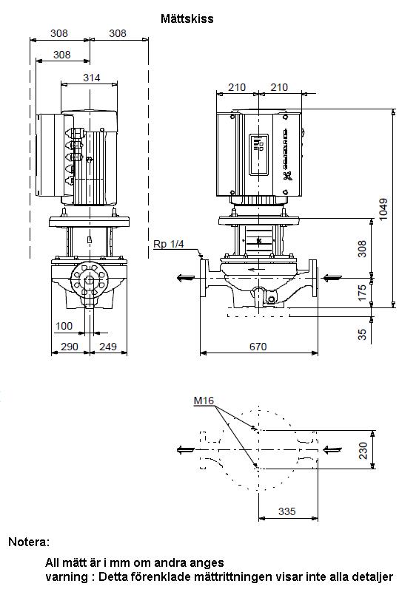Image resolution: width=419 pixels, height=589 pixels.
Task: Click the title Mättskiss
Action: (x=187, y=18)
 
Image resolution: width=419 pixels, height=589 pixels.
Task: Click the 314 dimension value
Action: (x=91, y=78)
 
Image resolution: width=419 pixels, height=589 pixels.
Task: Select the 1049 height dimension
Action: (x=383, y=209)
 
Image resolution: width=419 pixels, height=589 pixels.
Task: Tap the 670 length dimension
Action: (x=258, y=347)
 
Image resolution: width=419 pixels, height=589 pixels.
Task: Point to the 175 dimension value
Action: (x=362, y=293)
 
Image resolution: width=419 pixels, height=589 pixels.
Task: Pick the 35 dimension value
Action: (x=362, y=334)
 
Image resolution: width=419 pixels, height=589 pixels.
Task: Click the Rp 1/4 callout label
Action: (x=169, y=244)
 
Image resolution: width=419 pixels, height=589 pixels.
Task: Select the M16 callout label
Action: (x=204, y=401)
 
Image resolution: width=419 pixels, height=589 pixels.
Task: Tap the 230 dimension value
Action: (x=363, y=450)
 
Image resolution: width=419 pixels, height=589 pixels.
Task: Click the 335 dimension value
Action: (x=287, y=511)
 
